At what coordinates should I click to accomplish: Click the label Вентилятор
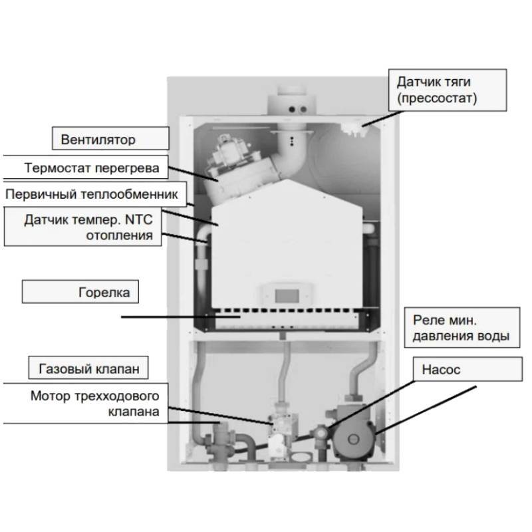[x=98, y=140]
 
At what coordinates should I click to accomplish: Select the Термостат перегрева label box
[x=92, y=168]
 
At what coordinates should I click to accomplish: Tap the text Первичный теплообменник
[x=91, y=195]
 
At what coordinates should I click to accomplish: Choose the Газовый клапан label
[x=97, y=367]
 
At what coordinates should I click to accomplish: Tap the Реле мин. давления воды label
[x=462, y=328]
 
